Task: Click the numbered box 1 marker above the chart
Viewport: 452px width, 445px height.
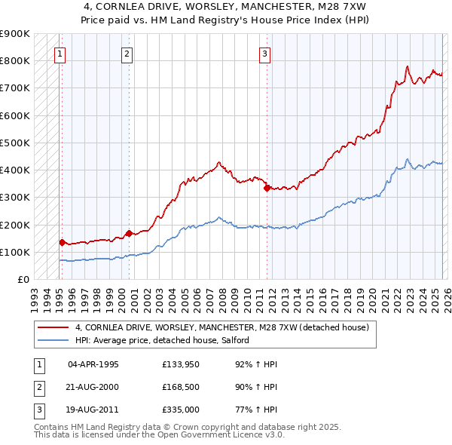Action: tap(60, 54)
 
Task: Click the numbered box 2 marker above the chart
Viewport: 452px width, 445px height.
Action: tap(127, 54)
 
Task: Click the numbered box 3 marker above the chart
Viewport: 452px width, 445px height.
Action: tap(265, 54)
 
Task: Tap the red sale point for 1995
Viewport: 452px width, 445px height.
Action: tap(62, 242)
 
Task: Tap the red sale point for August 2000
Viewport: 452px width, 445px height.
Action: tap(129, 233)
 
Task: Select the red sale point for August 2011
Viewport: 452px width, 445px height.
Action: tap(267, 188)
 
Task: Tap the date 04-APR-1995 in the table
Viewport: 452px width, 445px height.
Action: tap(93, 364)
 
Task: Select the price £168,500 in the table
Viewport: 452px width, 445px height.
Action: tap(181, 387)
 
